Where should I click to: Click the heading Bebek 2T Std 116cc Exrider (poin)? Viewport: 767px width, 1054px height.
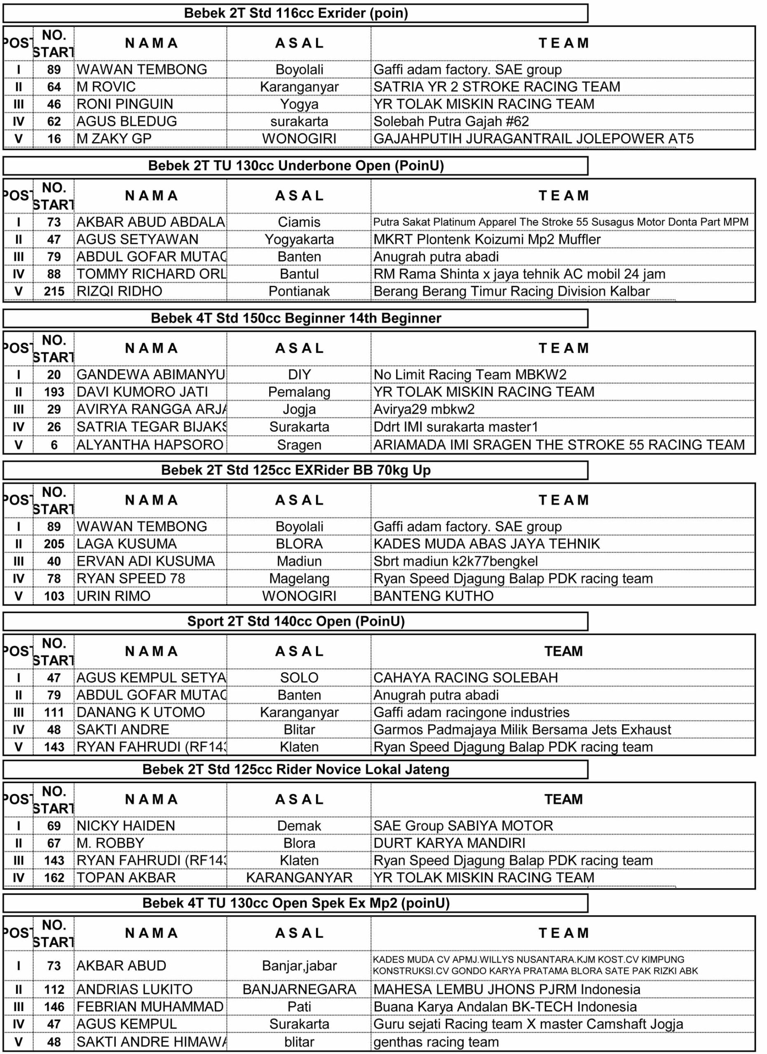[x=296, y=13]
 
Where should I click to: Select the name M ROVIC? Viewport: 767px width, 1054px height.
[x=106, y=87]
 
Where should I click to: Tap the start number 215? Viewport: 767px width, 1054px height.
[x=54, y=291]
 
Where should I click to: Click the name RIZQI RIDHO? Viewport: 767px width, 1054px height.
[x=120, y=291]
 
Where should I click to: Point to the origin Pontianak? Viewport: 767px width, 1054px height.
[x=299, y=291]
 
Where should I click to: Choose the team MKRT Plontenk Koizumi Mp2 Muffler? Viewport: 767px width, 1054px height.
[x=487, y=239]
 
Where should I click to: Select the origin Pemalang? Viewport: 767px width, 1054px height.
[x=299, y=392]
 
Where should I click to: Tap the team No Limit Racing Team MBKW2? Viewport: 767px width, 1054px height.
[x=470, y=375]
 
